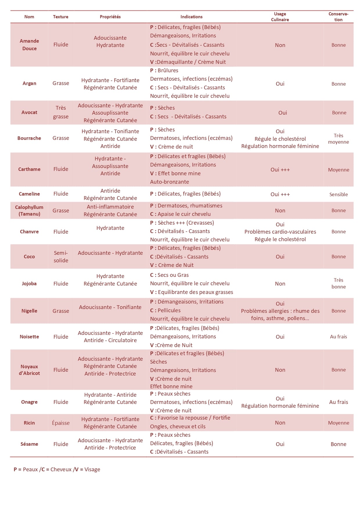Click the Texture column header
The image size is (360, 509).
(60, 17)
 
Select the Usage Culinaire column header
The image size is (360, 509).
(280, 17)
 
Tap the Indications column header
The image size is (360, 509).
(191, 17)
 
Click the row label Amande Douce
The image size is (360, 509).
(29, 45)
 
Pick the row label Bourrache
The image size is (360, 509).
(29, 138)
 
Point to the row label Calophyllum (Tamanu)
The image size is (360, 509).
(29, 210)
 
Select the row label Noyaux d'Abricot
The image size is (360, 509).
(29, 370)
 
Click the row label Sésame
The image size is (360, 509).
(29, 444)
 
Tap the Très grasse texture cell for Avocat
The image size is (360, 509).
(61, 112)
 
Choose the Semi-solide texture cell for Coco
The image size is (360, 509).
(61, 257)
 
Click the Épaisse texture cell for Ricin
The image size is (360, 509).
(61, 423)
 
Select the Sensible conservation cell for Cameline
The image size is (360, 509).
(338, 194)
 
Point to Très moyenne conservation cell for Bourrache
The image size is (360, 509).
(338, 139)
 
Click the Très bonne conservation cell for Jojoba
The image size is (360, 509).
(338, 283)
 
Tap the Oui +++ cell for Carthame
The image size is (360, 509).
(280, 170)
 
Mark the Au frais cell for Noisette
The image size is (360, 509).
(338, 337)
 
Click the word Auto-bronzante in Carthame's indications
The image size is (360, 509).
(170, 182)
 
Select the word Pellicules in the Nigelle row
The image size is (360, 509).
(169, 310)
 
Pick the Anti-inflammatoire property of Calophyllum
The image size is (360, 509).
(110, 207)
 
